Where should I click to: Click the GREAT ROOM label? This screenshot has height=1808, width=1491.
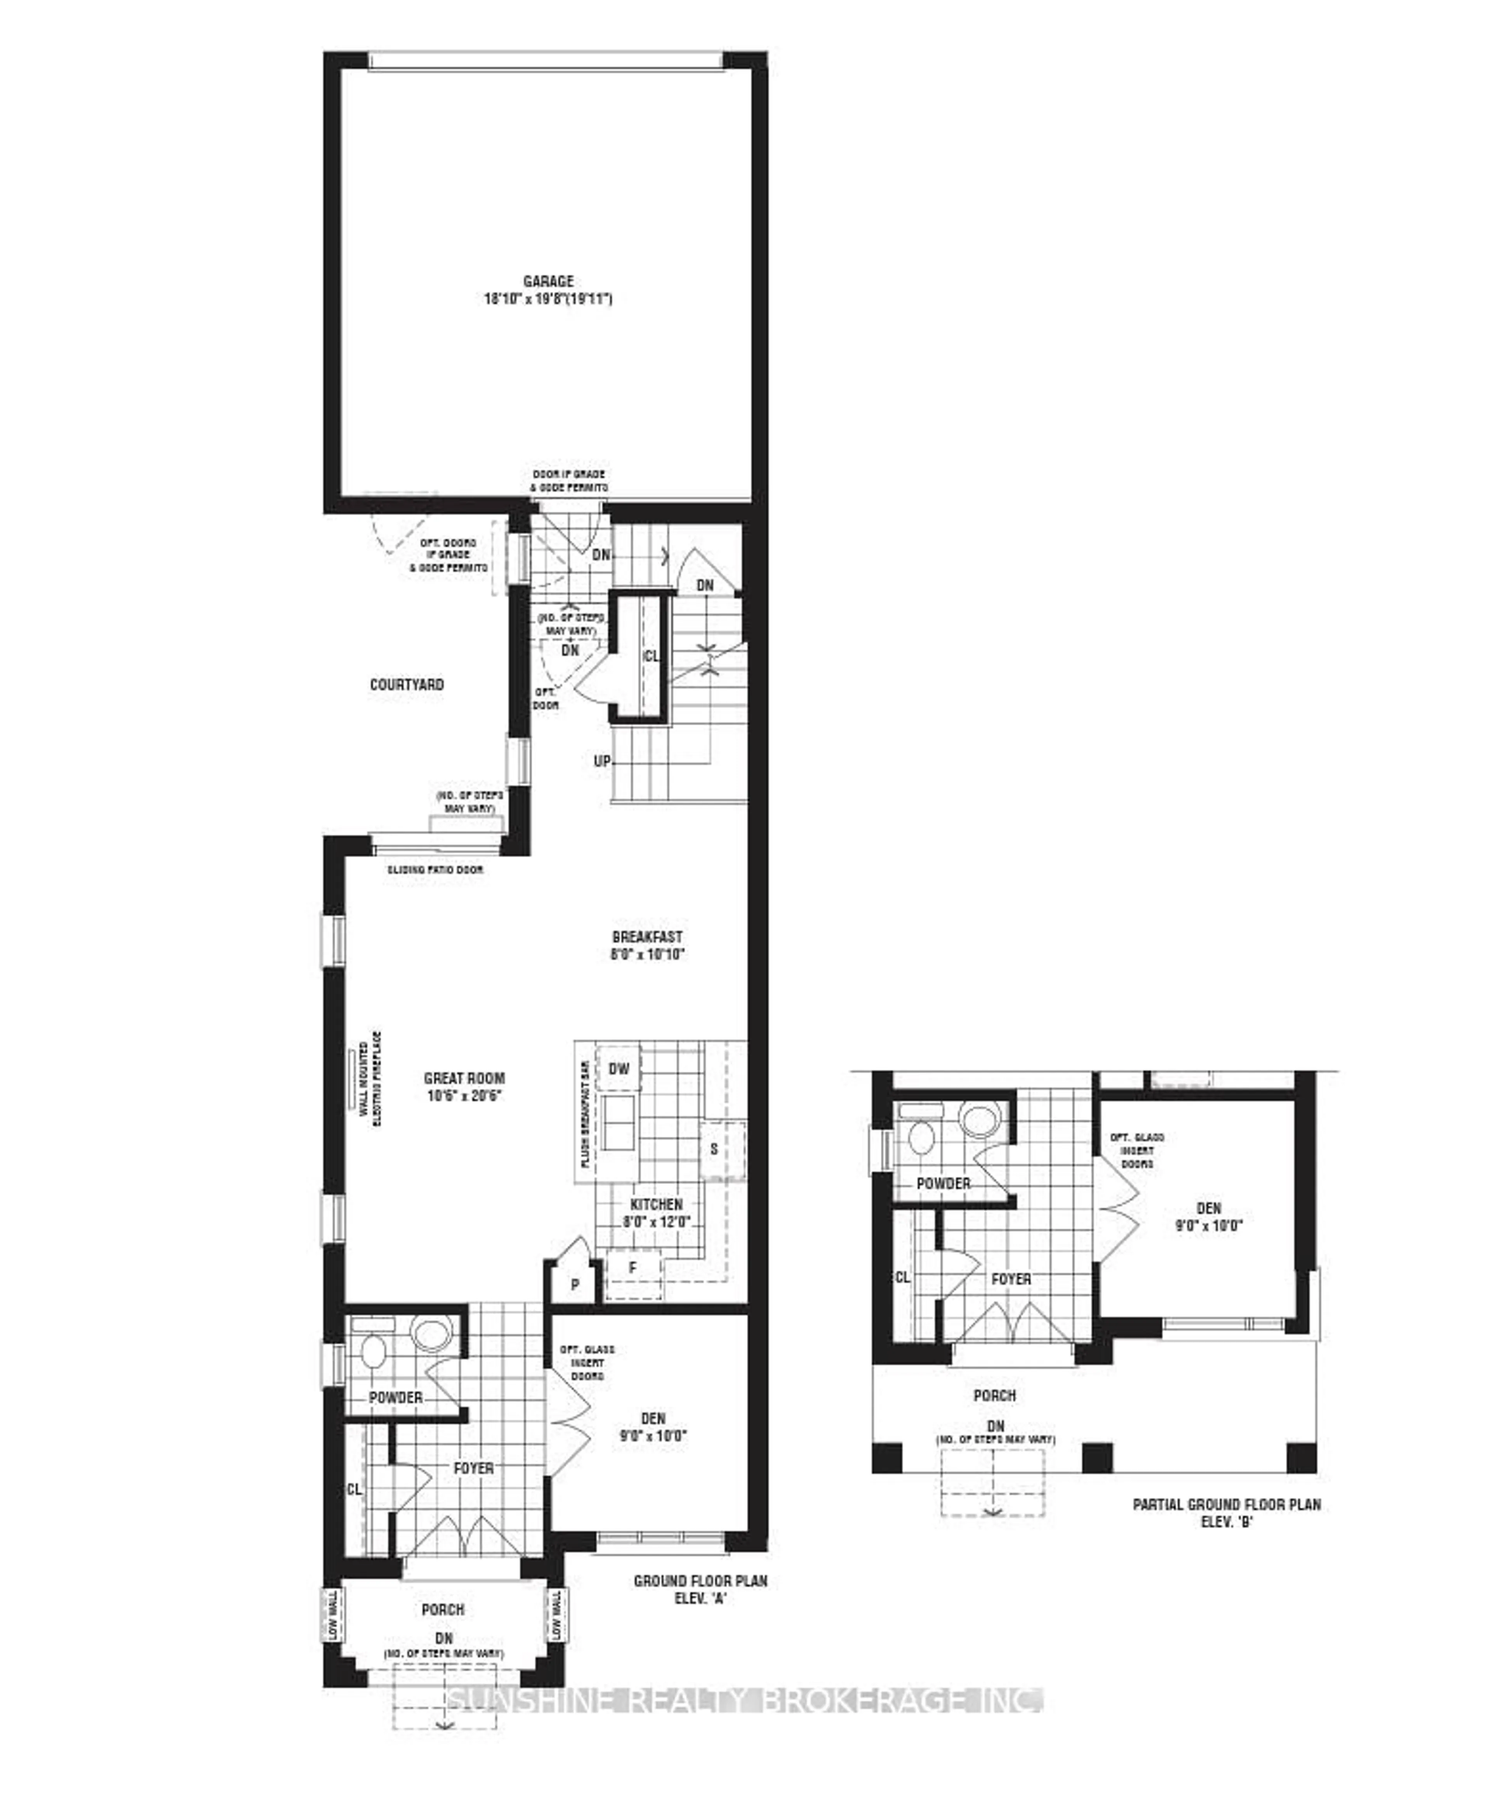coord(465,1078)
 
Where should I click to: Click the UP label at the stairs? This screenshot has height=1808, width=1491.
coord(602,761)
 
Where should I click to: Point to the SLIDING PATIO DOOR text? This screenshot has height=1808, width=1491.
coord(434,870)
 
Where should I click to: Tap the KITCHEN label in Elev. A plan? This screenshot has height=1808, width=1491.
coord(656,1205)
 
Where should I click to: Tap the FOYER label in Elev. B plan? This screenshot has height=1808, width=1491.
coord(1011,1279)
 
